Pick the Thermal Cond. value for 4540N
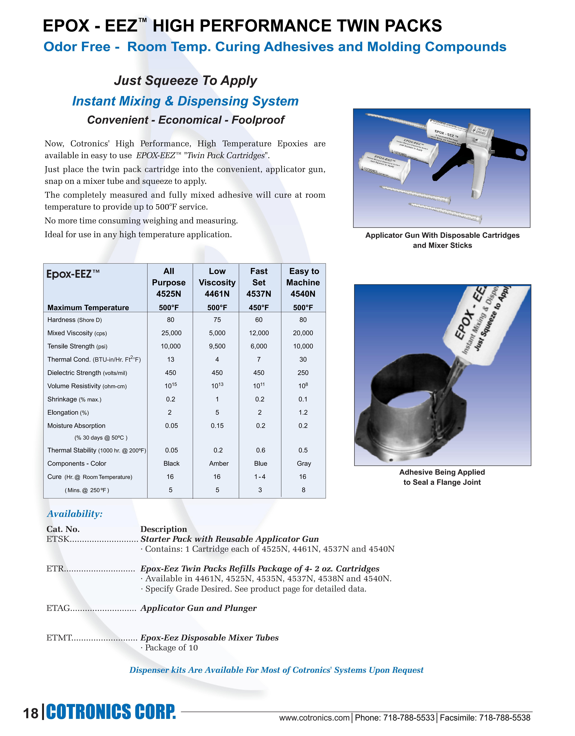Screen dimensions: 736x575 (x=303, y=360)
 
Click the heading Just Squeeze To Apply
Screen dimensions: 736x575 (x=185, y=81)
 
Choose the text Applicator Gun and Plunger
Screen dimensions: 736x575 (x=198, y=608)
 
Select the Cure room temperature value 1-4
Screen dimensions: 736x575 (x=260, y=477)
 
